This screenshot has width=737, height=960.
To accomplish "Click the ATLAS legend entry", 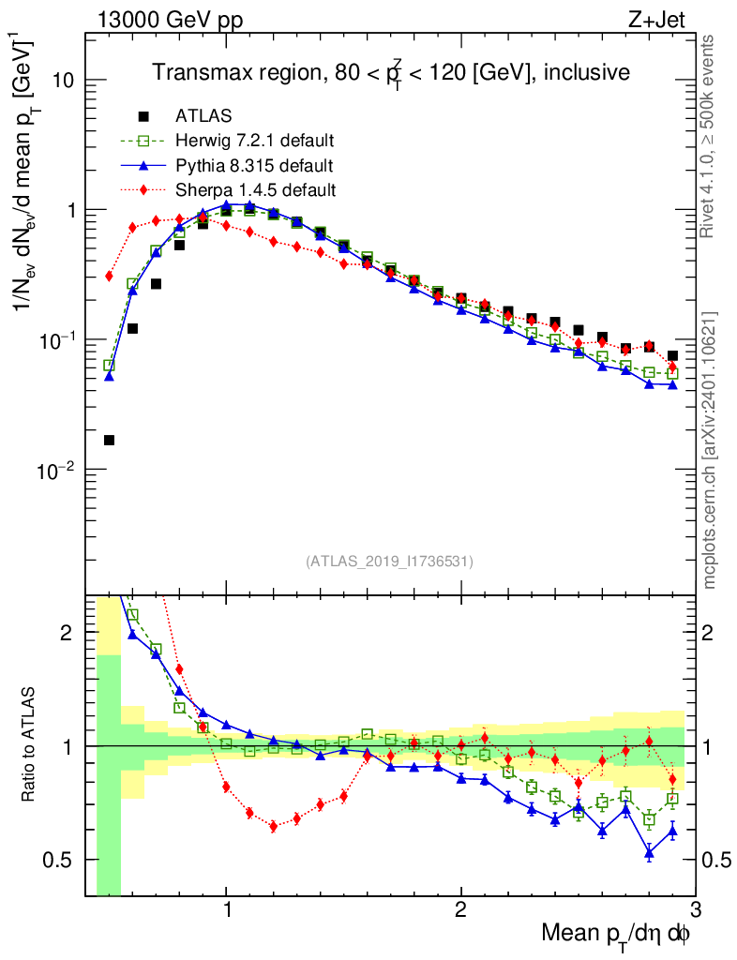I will (x=203, y=116).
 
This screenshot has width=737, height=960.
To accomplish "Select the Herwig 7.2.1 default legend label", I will (x=255, y=141).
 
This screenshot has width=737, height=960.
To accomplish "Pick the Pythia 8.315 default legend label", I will (x=255, y=166).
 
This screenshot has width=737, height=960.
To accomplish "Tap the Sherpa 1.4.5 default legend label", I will (x=255, y=190).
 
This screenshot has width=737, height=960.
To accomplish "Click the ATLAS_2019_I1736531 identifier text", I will (x=389, y=562).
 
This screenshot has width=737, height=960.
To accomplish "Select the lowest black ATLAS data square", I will (x=109, y=440).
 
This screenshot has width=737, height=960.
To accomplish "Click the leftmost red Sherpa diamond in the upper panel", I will (x=109, y=276).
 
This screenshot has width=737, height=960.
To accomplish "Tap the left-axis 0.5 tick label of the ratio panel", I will (x=59, y=860).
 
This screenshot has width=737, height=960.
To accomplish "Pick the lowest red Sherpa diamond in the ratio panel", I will (x=273, y=826).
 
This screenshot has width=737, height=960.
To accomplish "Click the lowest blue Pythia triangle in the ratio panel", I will (x=649, y=852).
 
